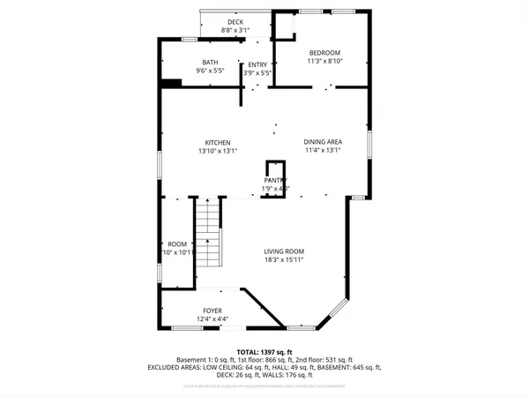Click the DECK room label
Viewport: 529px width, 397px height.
pyautogui.click(x=235, y=22)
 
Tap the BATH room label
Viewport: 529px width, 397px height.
pyautogui.click(x=210, y=63)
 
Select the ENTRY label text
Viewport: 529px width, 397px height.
pyautogui.click(x=257, y=64)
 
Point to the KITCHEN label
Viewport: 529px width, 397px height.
pyautogui.click(x=218, y=143)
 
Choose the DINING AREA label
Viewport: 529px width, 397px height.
pyautogui.click(x=323, y=142)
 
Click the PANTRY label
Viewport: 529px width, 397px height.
pyautogui.click(x=276, y=180)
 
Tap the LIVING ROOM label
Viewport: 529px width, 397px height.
pyautogui.click(x=284, y=251)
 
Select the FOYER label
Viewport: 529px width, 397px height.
pyautogui.click(x=212, y=311)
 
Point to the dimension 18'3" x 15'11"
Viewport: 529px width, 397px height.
pyautogui.click(x=284, y=260)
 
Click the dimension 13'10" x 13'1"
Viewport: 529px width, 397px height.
pyautogui.click(x=218, y=151)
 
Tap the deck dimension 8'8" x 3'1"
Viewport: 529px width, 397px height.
pyautogui.click(x=235, y=31)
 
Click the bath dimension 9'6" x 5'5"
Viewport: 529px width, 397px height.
pyautogui.click(x=210, y=71)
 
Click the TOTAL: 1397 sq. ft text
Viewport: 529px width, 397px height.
pyautogui.click(x=264, y=351)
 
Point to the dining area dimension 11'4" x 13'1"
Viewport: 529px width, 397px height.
pyautogui.click(x=323, y=151)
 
